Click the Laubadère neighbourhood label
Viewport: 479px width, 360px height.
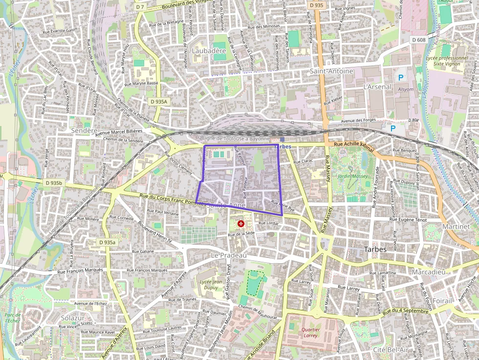pyautogui.click(x=209, y=51)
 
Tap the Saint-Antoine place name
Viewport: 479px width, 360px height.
pyautogui.click(x=331, y=71)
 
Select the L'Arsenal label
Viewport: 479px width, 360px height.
pyautogui.click(x=378, y=86)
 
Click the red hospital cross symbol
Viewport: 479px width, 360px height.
pyautogui.click(x=240, y=224)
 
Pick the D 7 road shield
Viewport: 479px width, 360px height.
pyautogui.click(x=140, y=7)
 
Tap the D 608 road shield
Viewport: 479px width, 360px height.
pyautogui.click(x=418, y=40)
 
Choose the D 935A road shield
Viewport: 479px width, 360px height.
pyautogui.click(x=159, y=102)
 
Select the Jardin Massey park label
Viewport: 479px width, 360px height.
pyautogui.click(x=352, y=176)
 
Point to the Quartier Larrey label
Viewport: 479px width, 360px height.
pyautogui.click(x=310, y=333)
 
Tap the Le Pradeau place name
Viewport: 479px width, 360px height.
pyautogui.click(x=228, y=255)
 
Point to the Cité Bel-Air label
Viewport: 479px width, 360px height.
pyautogui.click(x=390, y=350)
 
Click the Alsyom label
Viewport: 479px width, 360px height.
pyautogui.click(x=406, y=89)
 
